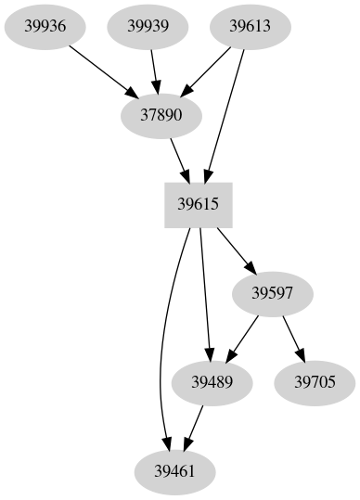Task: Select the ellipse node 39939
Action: click(x=148, y=26)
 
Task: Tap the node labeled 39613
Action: click(x=250, y=26)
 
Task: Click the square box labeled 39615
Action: click(x=198, y=205)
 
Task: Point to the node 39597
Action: click(x=274, y=293)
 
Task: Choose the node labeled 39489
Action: click(x=212, y=382)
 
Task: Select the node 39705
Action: click(x=315, y=382)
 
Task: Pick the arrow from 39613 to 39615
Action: click(x=226, y=111)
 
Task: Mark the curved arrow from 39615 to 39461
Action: click(x=164, y=343)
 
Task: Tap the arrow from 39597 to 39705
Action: click(x=295, y=339)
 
